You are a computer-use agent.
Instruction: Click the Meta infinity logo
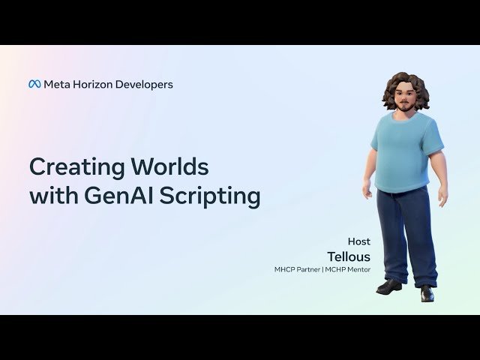tap(34, 85)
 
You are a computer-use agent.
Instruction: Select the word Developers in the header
tap(147, 85)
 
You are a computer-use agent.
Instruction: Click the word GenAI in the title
tap(118, 196)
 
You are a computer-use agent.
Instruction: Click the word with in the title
tap(52, 196)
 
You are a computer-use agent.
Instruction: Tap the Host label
tap(358, 241)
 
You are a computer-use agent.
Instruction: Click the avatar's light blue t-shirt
tap(406, 150)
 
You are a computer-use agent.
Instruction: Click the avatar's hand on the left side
tap(367, 190)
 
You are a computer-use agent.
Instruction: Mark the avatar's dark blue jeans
tap(406, 232)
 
